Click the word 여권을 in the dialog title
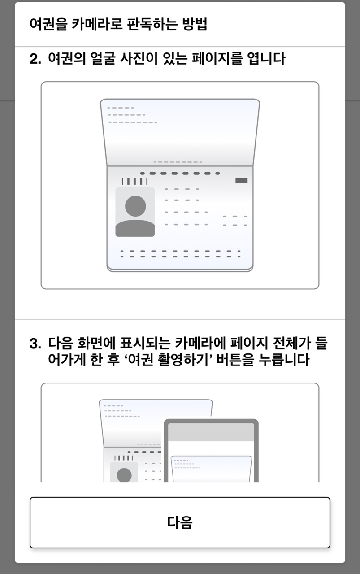pos(48,24)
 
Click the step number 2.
pos(35,59)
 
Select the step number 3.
pos(35,344)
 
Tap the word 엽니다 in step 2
pos(266,58)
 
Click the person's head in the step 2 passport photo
pos(135,206)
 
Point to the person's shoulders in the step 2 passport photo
pos(135,228)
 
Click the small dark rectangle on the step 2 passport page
pos(241,181)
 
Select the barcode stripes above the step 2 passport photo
pos(134,182)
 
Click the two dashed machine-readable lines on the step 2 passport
pos(180,254)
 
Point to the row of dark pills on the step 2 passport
pos(180,174)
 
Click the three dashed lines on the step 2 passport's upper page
pos(132,115)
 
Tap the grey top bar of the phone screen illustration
pos(211,432)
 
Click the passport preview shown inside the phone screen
pos(211,469)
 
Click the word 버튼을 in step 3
pos(235,360)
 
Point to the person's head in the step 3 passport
pos(124,475)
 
